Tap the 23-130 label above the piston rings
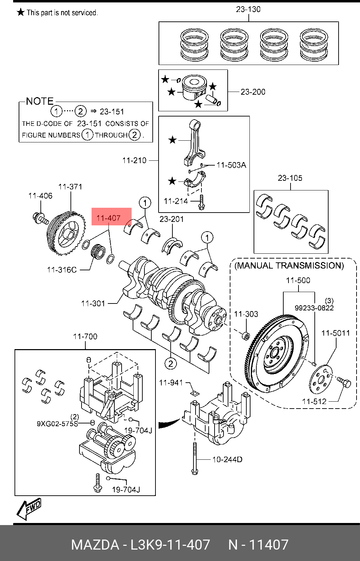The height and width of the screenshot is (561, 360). pyautogui.click(x=248, y=9)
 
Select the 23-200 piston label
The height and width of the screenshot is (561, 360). pyautogui.click(x=253, y=92)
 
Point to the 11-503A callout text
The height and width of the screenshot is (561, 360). pyautogui.click(x=231, y=165)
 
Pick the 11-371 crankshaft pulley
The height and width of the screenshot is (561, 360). pyautogui.click(x=66, y=234)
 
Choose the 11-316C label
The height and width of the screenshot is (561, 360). pyautogui.click(x=62, y=270)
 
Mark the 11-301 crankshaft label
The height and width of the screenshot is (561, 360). pyautogui.click(x=93, y=303)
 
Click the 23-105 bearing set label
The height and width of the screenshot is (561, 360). pyautogui.click(x=290, y=178)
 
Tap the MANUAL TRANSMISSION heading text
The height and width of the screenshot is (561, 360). pyautogui.click(x=289, y=265)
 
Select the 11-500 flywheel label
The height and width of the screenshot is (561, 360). pyautogui.click(x=298, y=280)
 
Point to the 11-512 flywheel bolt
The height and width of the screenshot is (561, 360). pyautogui.click(x=344, y=382)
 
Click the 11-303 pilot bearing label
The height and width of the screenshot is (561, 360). pyautogui.click(x=246, y=314)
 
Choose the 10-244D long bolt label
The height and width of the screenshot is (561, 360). pyautogui.click(x=227, y=459)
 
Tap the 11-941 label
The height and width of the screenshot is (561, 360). pyautogui.click(x=171, y=383)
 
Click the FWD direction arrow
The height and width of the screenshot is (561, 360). pyautogui.click(x=30, y=508)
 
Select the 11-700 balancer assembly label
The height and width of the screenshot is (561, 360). pyautogui.click(x=85, y=336)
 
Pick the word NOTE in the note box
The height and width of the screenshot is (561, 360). pyautogui.click(x=40, y=101)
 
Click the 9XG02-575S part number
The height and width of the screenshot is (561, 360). pyautogui.click(x=57, y=424)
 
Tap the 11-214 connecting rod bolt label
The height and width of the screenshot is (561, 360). pyautogui.click(x=176, y=201)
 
